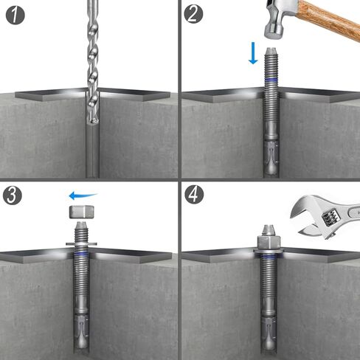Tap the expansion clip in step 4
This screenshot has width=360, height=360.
(x=270, y=328)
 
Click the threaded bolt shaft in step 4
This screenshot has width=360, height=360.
(x=270, y=284)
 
